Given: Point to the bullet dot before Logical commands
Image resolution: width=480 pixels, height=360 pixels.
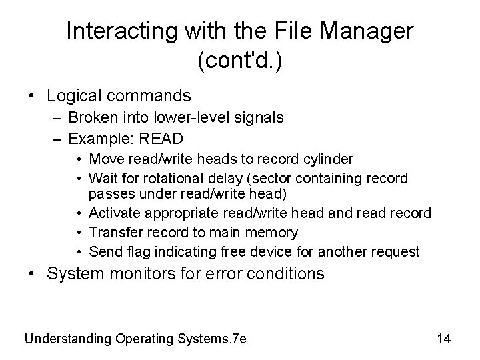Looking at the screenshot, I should click(x=31, y=97).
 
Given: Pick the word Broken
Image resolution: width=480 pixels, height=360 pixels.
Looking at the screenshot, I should click(x=93, y=118).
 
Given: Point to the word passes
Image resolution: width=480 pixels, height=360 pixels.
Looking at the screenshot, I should click(x=109, y=193).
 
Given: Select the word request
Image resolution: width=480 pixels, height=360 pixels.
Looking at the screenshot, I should click(x=396, y=252).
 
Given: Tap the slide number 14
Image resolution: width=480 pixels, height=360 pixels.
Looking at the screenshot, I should click(x=444, y=339).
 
